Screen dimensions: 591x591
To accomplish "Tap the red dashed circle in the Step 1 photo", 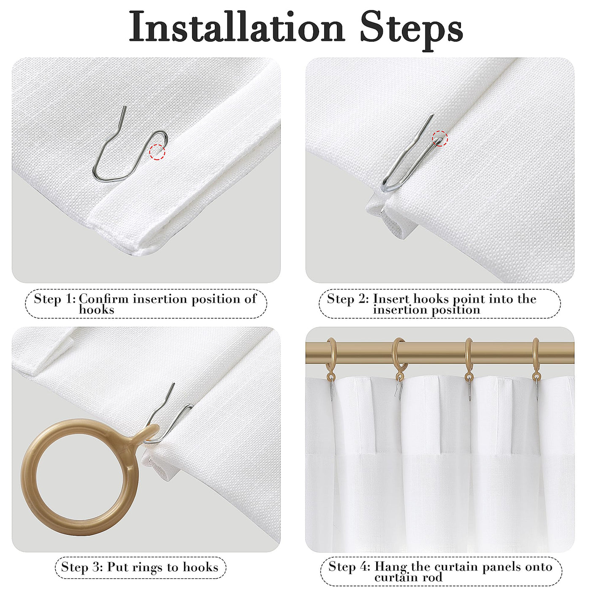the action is point(157,152).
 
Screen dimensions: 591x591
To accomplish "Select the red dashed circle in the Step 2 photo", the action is point(440,138).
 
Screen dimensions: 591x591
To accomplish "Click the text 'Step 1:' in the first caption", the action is point(54,299).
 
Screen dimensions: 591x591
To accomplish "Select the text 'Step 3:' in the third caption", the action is point(82,567).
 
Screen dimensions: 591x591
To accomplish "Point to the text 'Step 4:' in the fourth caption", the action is point(350,567).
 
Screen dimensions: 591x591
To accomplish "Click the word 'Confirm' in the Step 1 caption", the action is point(104,299).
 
